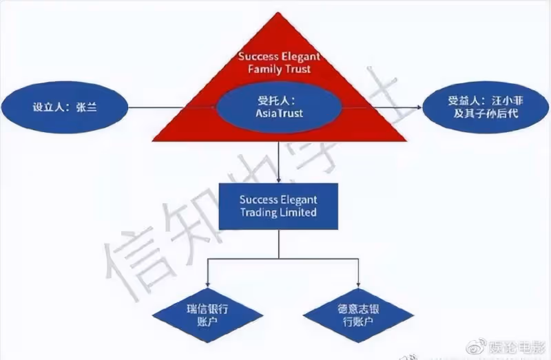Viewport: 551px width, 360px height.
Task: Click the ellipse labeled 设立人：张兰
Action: (65, 107)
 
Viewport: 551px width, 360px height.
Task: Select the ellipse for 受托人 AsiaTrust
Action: (279, 107)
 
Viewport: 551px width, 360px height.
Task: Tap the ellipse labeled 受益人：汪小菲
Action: (486, 107)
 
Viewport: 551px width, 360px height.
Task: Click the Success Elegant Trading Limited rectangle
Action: (279, 207)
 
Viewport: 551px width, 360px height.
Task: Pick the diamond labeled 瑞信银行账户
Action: (207, 315)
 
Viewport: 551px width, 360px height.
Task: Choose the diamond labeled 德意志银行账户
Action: (358, 315)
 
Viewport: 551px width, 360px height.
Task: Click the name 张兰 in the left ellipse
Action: (86, 107)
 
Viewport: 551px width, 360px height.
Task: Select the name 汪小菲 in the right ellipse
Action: (508, 101)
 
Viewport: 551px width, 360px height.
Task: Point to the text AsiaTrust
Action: (280, 113)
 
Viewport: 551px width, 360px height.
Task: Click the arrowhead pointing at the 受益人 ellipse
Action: (419, 107)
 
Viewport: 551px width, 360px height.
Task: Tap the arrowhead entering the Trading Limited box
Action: (279, 180)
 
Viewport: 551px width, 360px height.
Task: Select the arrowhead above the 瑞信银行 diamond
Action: (207, 284)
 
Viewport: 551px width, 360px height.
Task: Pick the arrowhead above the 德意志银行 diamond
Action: (358, 284)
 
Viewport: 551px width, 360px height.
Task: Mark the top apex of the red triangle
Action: (278, 12)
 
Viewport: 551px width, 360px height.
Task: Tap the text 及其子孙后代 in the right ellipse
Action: (486, 114)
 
